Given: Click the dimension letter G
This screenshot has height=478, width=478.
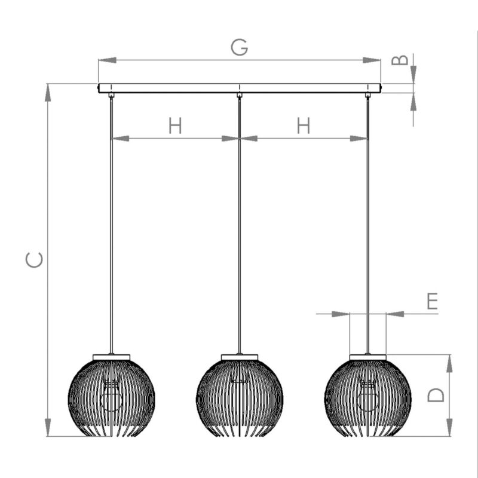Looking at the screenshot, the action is click(240, 47).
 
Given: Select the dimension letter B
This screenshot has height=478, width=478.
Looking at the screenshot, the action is click(400, 60).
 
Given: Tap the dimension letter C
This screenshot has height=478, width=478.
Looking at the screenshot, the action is click(34, 260).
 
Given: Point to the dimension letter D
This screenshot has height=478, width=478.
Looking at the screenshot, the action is click(436, 395).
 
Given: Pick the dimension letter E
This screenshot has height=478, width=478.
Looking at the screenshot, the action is click(432, 301).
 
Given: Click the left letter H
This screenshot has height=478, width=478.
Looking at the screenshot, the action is click(175, 125).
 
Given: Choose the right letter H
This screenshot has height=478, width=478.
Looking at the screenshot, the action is click(304, 125).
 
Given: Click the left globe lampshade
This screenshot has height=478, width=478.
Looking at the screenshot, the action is click(111, 398).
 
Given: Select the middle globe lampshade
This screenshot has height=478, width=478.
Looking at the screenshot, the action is click(240, 398).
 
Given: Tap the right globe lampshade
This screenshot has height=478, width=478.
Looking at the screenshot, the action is click(368, 398).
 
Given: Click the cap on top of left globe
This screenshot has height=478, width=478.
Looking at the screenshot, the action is click(111, 357).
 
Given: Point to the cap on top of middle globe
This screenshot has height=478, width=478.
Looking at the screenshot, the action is click(240, 357).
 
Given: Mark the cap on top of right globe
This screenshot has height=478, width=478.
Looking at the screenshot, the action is click(368, 357).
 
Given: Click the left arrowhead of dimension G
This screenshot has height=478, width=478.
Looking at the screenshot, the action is click(108, 60).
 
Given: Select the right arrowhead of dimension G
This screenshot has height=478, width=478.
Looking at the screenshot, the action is click(372, 60).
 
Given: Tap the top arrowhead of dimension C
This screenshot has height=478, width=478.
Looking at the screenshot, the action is click(48, 93).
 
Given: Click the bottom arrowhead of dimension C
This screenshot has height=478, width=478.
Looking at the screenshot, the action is click(48, 427).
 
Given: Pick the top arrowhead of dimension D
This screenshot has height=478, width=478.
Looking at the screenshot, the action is click(449, 364).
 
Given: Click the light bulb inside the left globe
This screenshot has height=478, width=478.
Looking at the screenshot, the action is click(111, 396).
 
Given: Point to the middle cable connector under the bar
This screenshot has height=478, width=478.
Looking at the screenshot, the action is click(240, 95).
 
